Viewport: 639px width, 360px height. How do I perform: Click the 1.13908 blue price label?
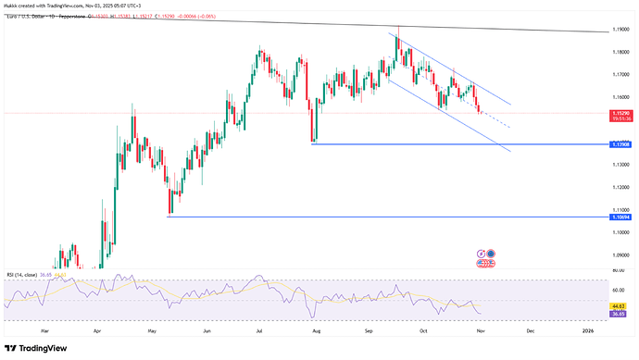[x=622, y=144]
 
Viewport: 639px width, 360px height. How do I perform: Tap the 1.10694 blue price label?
[x=622, y=217]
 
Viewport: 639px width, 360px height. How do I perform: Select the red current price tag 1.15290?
[x=622, y=113]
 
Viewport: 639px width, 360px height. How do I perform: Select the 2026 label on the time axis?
[x=587, y=329]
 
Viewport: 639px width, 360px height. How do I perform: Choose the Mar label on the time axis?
[x=44, y=329]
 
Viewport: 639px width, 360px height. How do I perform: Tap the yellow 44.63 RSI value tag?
[x=622, y=305]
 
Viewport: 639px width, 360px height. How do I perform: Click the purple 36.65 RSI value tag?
[x=622, y=313]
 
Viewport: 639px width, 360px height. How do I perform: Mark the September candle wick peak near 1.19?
[x=398, y=28]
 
